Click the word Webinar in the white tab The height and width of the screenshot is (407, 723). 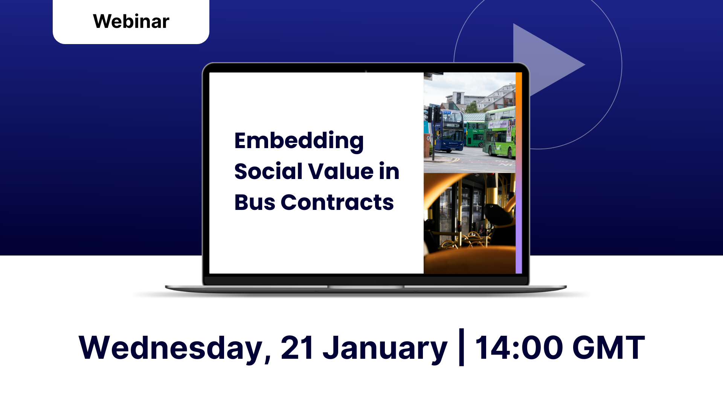coord(131,21)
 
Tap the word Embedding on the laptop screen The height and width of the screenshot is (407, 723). coord(299,141)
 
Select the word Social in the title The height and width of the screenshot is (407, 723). coord(268,171)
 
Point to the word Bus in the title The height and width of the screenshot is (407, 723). coord(255,202)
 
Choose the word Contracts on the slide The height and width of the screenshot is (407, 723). coord(337,202)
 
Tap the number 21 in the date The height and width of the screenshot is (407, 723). coord(297,347)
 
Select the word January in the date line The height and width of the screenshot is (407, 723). coord(385,349)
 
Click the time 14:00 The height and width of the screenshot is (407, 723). coord(519,347)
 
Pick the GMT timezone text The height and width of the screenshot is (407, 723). coord(609,347)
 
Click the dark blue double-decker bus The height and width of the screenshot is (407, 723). coord(448,130)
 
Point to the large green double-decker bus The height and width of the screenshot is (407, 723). coord(500,132)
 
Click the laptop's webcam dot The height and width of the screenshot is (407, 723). coord(366,71)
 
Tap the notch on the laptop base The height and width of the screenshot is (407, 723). coord(366,287)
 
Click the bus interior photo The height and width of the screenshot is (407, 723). coord(470,223)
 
